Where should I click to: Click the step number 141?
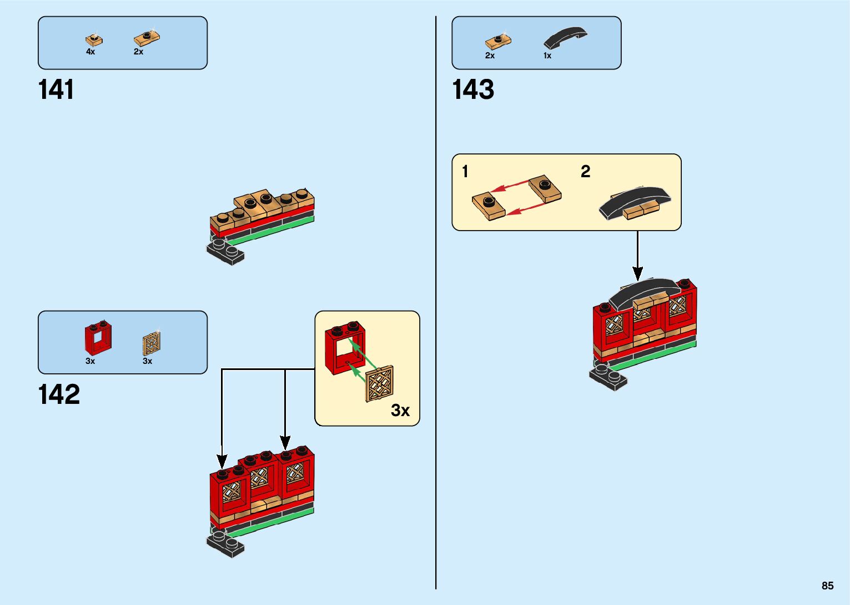tap(56, 90)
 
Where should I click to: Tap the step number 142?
tap(59, 395)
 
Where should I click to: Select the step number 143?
tap(473, 90)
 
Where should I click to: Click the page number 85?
tap(827, 586)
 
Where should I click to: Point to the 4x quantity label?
tap(90, 52)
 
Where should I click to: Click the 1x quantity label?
tap(547, 56)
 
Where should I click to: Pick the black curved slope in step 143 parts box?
tap(565, 37)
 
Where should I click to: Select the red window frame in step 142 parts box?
tap(98, 338)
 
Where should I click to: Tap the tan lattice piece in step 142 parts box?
tap(152, 343)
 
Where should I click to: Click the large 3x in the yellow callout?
tap(400, 410)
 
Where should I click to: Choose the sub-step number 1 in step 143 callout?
tap(465, 172)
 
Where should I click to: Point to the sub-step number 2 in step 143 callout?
tap(585, 172)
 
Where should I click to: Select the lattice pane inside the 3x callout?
tap(380, 383)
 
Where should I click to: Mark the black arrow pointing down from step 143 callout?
tap(637, 256)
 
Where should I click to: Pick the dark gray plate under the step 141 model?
tap(225, 253)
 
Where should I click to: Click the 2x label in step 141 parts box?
tap(138, 52)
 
